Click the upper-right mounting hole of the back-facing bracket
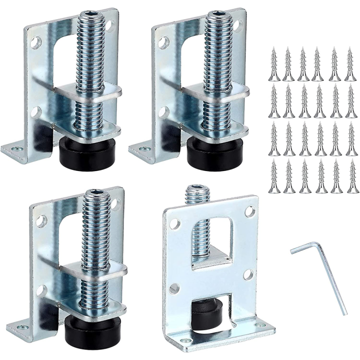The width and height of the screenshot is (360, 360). (248, 212)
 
